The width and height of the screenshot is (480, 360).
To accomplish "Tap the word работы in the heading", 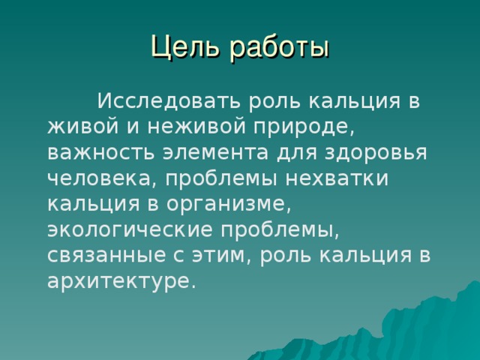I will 277,46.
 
